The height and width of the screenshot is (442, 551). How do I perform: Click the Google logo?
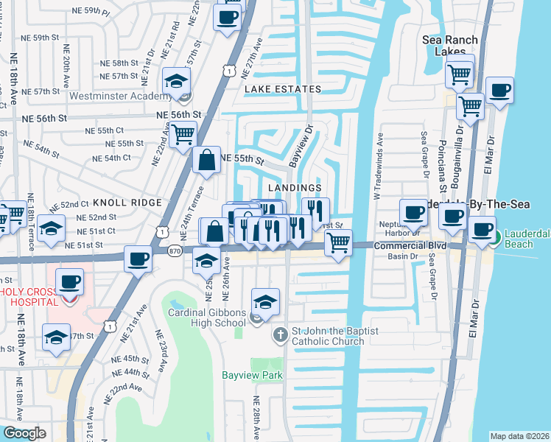point(24,433)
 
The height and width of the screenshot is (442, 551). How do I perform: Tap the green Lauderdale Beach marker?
point(497,238)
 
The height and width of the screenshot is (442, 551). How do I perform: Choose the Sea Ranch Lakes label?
point(450,46)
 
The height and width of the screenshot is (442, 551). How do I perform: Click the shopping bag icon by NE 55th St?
point(207,160)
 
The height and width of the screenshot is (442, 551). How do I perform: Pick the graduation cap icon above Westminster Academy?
point(177,81)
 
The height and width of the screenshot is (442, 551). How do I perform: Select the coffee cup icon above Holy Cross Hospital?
point(69,281)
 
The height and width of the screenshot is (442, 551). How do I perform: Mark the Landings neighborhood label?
point(295,188)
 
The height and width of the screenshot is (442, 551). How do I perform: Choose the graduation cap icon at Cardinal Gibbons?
point(265,301)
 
